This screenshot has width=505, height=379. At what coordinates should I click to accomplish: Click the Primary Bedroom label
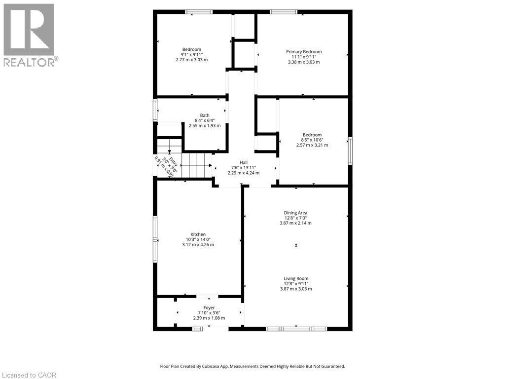pyautogui.click(x=304, y=52)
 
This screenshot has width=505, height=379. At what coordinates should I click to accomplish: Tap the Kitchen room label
pyautogui.click(x=198, y=234)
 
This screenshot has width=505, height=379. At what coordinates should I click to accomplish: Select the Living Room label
pyautogui.click(x=296, y=279)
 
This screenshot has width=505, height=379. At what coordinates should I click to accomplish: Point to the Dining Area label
pyautogui.click(x=296, y=213)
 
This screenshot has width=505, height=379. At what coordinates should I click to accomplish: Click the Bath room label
pyautogui.click(x=205, y=115)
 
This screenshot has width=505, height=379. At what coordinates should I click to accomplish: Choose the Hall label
pyautogui.click(x=244, y=162)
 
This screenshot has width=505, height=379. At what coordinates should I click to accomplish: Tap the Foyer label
pyautogui.click(x=209, y=307)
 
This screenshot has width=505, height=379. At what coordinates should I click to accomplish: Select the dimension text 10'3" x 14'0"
pyautogui.click(x=198, y=239)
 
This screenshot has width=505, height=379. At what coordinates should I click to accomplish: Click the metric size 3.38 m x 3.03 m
pyautogui.click(x=304, y=62)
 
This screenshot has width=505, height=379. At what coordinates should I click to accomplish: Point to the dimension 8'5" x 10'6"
pyautogui.click(x=312, y=140)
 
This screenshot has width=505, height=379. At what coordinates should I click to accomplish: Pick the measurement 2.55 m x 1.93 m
pyautogui.click(x=205, y=125)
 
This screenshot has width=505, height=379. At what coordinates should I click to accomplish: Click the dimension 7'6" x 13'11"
pyautogui.click(x=244, y=168)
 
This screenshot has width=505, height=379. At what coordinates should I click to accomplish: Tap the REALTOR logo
pyautogui.click(x=29, y=35)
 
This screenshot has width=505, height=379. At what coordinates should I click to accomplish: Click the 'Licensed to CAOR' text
pyautogui.click(x=29, y=375)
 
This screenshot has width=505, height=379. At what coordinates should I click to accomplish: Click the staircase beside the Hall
pyautogui.click(x=197, y=164)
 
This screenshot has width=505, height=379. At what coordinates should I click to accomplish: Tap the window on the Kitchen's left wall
pyautogui.click(x=154, y=239)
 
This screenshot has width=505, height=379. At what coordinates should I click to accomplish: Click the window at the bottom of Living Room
pyautogui.click(x=296, y=328)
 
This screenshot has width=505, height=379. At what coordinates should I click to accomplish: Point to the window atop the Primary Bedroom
pyautogui.click(x=284, y=12)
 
